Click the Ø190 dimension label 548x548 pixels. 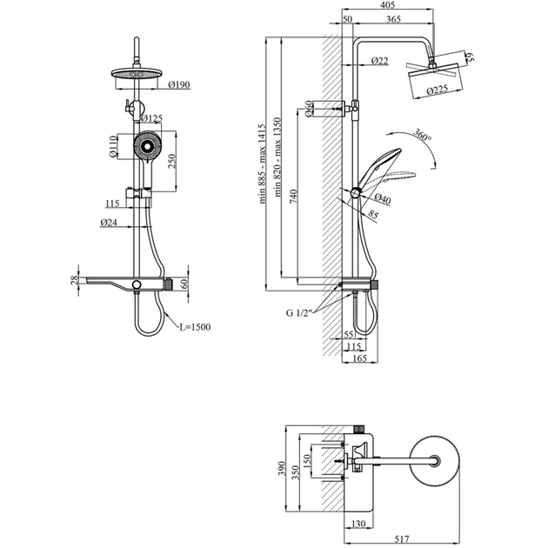tap(180, 85)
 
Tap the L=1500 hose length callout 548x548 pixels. tap(195, 327)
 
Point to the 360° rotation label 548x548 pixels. tap(424, 136)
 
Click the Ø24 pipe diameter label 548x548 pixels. tap(109, 224)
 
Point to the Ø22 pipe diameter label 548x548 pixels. tap(379, 60)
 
